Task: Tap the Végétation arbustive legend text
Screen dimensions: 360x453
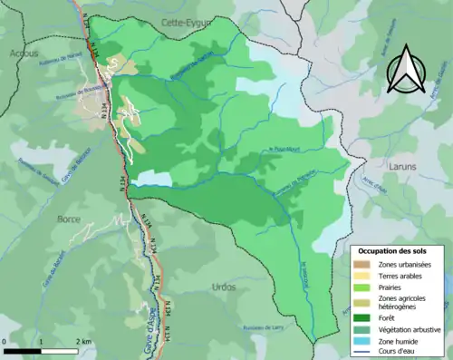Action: [410, 328]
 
